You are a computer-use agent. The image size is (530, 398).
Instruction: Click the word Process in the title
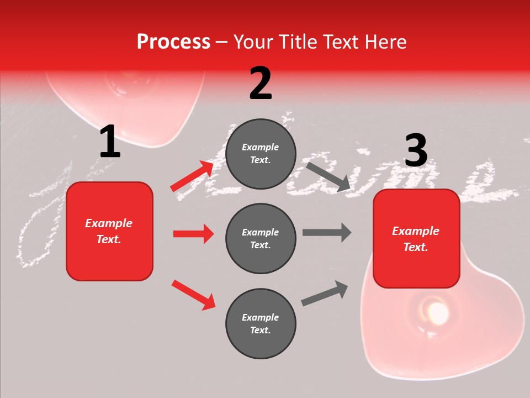click(173, 42)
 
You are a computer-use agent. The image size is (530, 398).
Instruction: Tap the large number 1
click(110, 142)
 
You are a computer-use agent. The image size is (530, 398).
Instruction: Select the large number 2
click(261, 83)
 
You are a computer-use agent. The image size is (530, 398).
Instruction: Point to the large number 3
click(416, 151)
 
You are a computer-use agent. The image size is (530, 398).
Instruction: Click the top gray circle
click(261, 154)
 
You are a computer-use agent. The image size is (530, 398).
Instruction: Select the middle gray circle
click(261, 238)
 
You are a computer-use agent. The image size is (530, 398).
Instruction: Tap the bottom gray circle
click(261, 323)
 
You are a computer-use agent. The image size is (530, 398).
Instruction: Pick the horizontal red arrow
click(193, 234)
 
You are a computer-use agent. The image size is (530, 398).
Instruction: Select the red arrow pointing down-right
click(193, 294)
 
